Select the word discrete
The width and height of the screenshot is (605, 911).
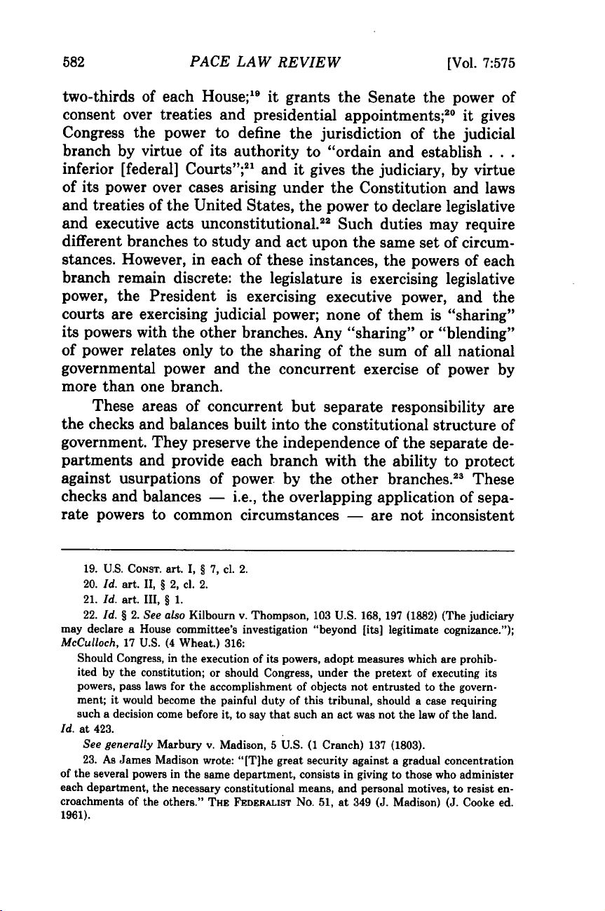pos(198,299)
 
